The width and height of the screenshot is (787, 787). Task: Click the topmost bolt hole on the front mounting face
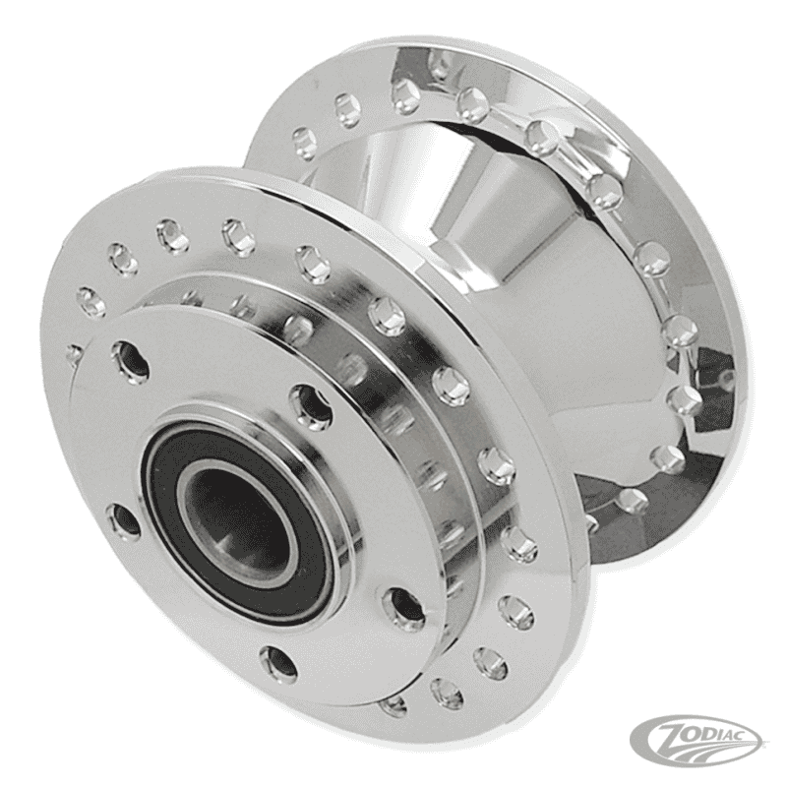(130, 359)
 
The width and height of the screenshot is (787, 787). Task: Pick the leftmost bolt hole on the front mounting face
(122, 520)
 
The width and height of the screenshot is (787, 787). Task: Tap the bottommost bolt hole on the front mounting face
(279, 660)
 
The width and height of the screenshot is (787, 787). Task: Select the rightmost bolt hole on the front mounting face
(401, 606)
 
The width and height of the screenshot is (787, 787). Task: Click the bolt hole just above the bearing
(311, 401)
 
